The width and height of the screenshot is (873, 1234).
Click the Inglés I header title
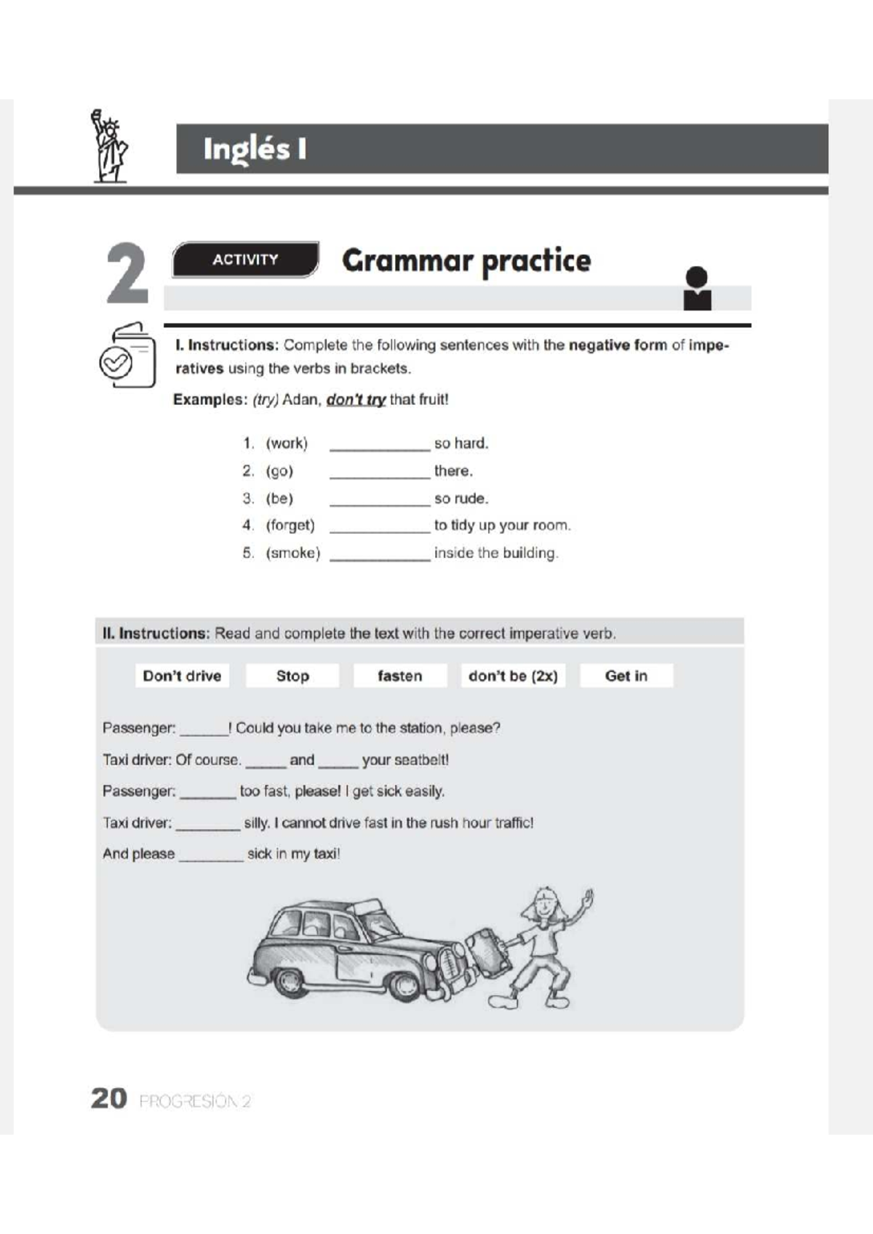[255, 149]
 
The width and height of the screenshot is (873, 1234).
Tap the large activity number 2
[127, 273]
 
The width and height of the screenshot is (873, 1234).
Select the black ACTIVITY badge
[245, 260]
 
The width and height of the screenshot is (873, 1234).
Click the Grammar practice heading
[466, 260]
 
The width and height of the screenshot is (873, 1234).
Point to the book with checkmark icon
[128, 356]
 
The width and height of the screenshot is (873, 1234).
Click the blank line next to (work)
[379, 445]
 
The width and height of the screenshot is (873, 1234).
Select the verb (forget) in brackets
[290, 525]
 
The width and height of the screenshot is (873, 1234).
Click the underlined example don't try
[355, 400]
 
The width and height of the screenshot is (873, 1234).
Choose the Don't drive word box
[182, 676]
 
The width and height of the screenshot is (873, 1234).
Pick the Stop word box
[292, 676]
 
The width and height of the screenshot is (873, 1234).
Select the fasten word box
[399, 676]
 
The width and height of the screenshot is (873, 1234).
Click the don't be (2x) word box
[513, 676]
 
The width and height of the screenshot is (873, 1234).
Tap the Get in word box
[626, 676]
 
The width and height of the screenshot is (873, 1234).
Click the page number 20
[109, 1098]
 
